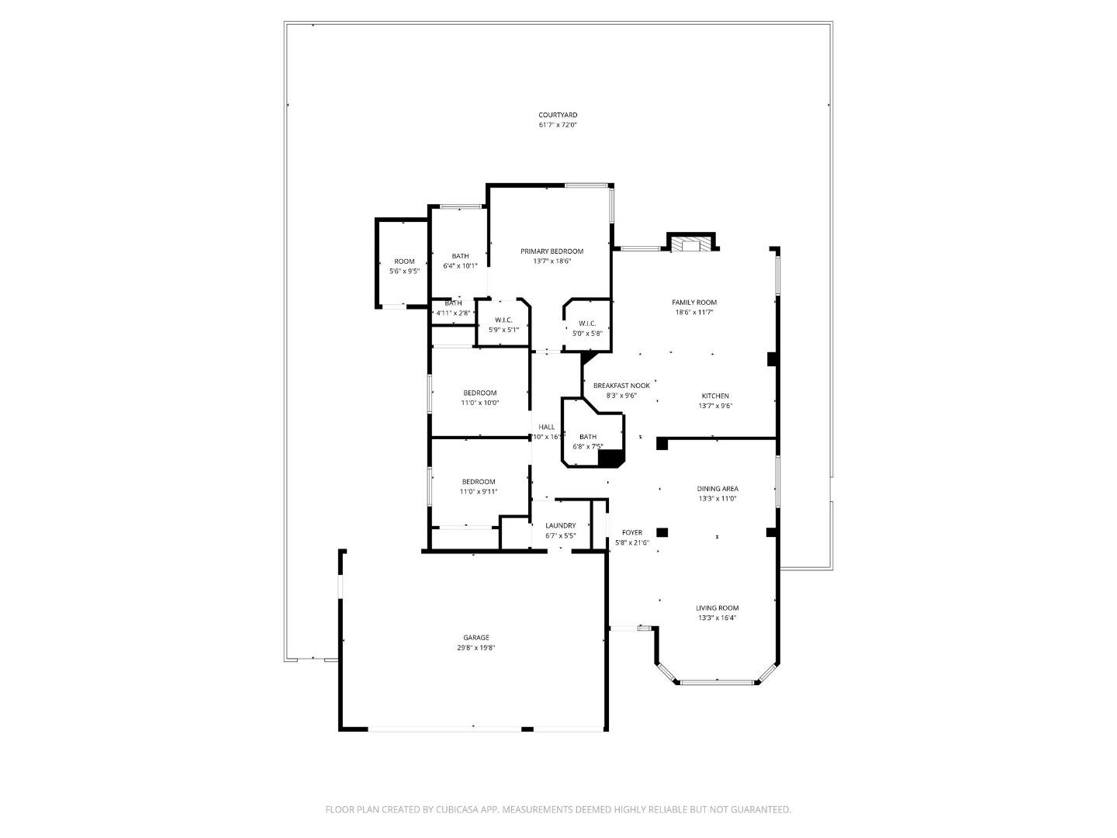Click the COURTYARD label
(x=558, y=115)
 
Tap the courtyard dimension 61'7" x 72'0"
(x=558, y=125)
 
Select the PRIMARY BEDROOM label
(x=552, y=251)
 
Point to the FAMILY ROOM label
(x=694, y=303)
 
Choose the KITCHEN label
(x=715, y=396)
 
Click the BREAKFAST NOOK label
(x=621, y=386)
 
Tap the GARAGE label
(x=476, y=638)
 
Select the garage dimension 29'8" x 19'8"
(x=476, y=648)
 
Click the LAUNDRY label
(x=560, y=525)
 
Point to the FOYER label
(x=631, y=532)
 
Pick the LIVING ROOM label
(x=717, y=608)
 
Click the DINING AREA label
(x=718, y=489)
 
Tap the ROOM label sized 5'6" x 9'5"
(x=404, y=261)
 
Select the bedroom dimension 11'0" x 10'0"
(x=480, y=403)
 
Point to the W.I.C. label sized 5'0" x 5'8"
(x=586, y=324)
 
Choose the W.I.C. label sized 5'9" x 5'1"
(x=503, y=320)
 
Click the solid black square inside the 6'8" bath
(x=610, y=459)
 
